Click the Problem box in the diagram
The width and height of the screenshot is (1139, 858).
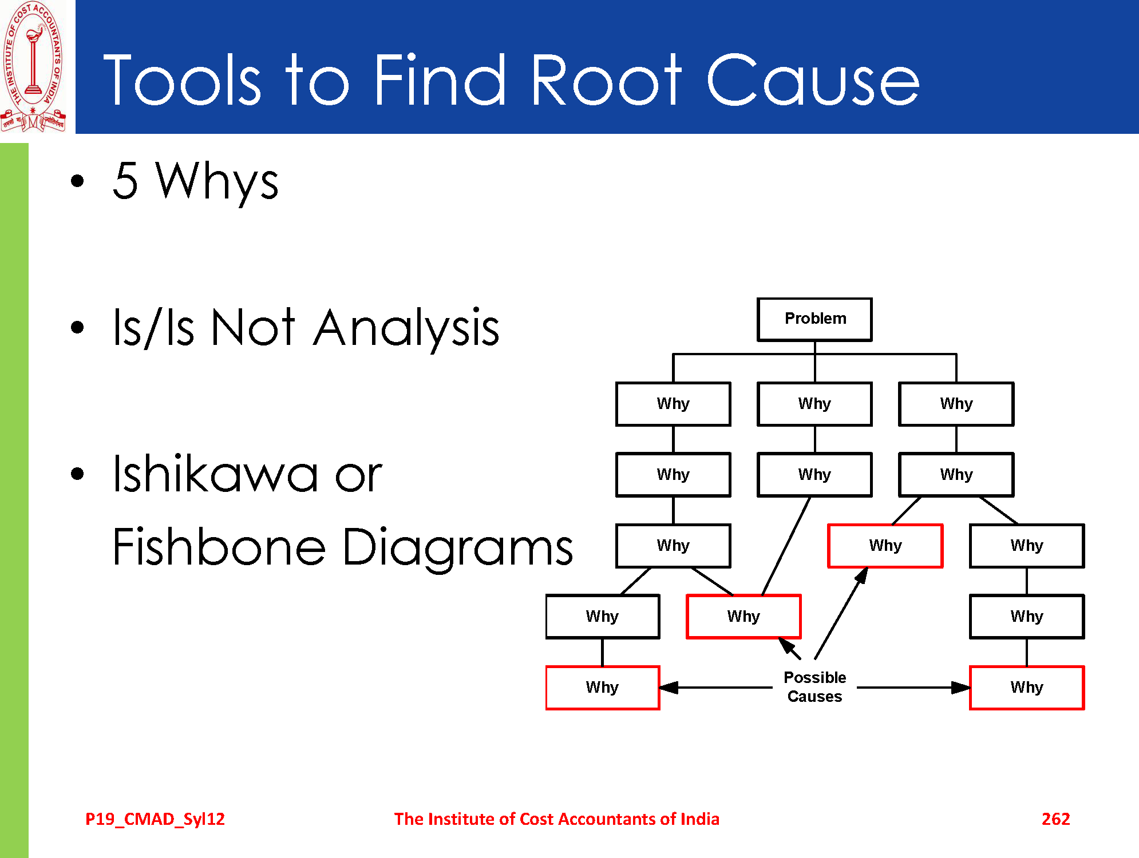coord(814,319)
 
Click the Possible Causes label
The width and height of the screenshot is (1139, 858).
coord(814,687)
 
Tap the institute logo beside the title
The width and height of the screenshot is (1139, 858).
coord(34,67)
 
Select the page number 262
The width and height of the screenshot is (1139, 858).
coord(1055,819)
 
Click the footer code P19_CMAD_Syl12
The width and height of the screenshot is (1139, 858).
coord(155,820)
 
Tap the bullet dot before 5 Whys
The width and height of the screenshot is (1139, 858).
coord(77,181)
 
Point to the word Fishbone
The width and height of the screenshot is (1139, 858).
coord(219,546)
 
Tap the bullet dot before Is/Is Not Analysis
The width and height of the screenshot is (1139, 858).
coord(77,327)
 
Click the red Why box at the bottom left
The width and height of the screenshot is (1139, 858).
coord(603,688)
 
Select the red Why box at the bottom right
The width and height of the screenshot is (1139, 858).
coord(1027,688)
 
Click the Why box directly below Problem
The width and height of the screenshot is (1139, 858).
coord(814,404)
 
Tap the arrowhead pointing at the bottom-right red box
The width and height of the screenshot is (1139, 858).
coord(961,688)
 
